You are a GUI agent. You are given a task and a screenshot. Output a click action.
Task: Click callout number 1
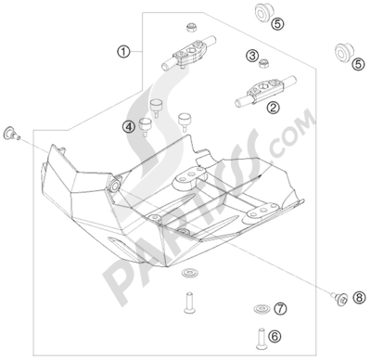123,52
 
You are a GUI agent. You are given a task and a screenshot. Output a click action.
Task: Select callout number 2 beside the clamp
274,108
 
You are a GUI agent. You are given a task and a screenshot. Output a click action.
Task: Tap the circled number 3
252,56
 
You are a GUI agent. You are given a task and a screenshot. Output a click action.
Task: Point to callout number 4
129,126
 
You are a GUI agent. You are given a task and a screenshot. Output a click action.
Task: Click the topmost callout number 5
277,23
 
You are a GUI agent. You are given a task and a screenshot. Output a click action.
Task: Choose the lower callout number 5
358,64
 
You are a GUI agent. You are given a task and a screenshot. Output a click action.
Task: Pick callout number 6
275,336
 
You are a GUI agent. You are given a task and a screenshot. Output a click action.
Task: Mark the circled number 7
280,308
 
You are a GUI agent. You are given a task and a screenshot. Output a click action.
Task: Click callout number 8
359,298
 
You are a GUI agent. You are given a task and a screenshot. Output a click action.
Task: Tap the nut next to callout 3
263,64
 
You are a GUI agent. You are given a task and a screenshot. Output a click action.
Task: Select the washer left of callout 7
262,309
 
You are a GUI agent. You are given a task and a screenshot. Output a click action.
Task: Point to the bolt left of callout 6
262,339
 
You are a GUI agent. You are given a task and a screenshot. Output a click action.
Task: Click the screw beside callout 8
340,298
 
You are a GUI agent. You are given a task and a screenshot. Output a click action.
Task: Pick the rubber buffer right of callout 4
184,121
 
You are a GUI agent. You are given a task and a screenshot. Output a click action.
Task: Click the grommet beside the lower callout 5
344,53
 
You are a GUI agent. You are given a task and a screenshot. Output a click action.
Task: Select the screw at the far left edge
11,134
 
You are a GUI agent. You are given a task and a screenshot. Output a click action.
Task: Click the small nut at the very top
191,28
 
